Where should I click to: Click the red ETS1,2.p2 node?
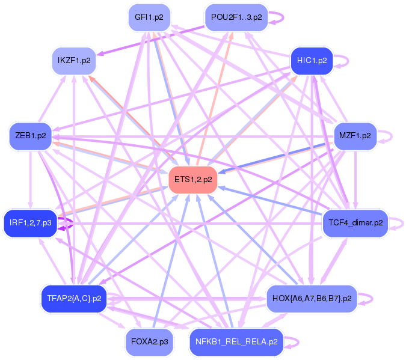click(192, 179)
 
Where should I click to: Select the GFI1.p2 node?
click(149, 17)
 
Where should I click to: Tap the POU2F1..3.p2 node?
click(236, 17)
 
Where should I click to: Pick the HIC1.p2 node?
click(312, 61)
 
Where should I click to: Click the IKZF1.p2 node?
click(74, 61)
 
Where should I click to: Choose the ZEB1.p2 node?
click(31, 136)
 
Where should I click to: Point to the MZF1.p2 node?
click(355, 136)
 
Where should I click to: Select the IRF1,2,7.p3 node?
click(31, 223)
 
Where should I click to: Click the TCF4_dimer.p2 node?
click(355, 223)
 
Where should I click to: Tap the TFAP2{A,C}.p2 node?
click(74, 298)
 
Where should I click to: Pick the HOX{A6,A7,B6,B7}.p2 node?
click(312, 298)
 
